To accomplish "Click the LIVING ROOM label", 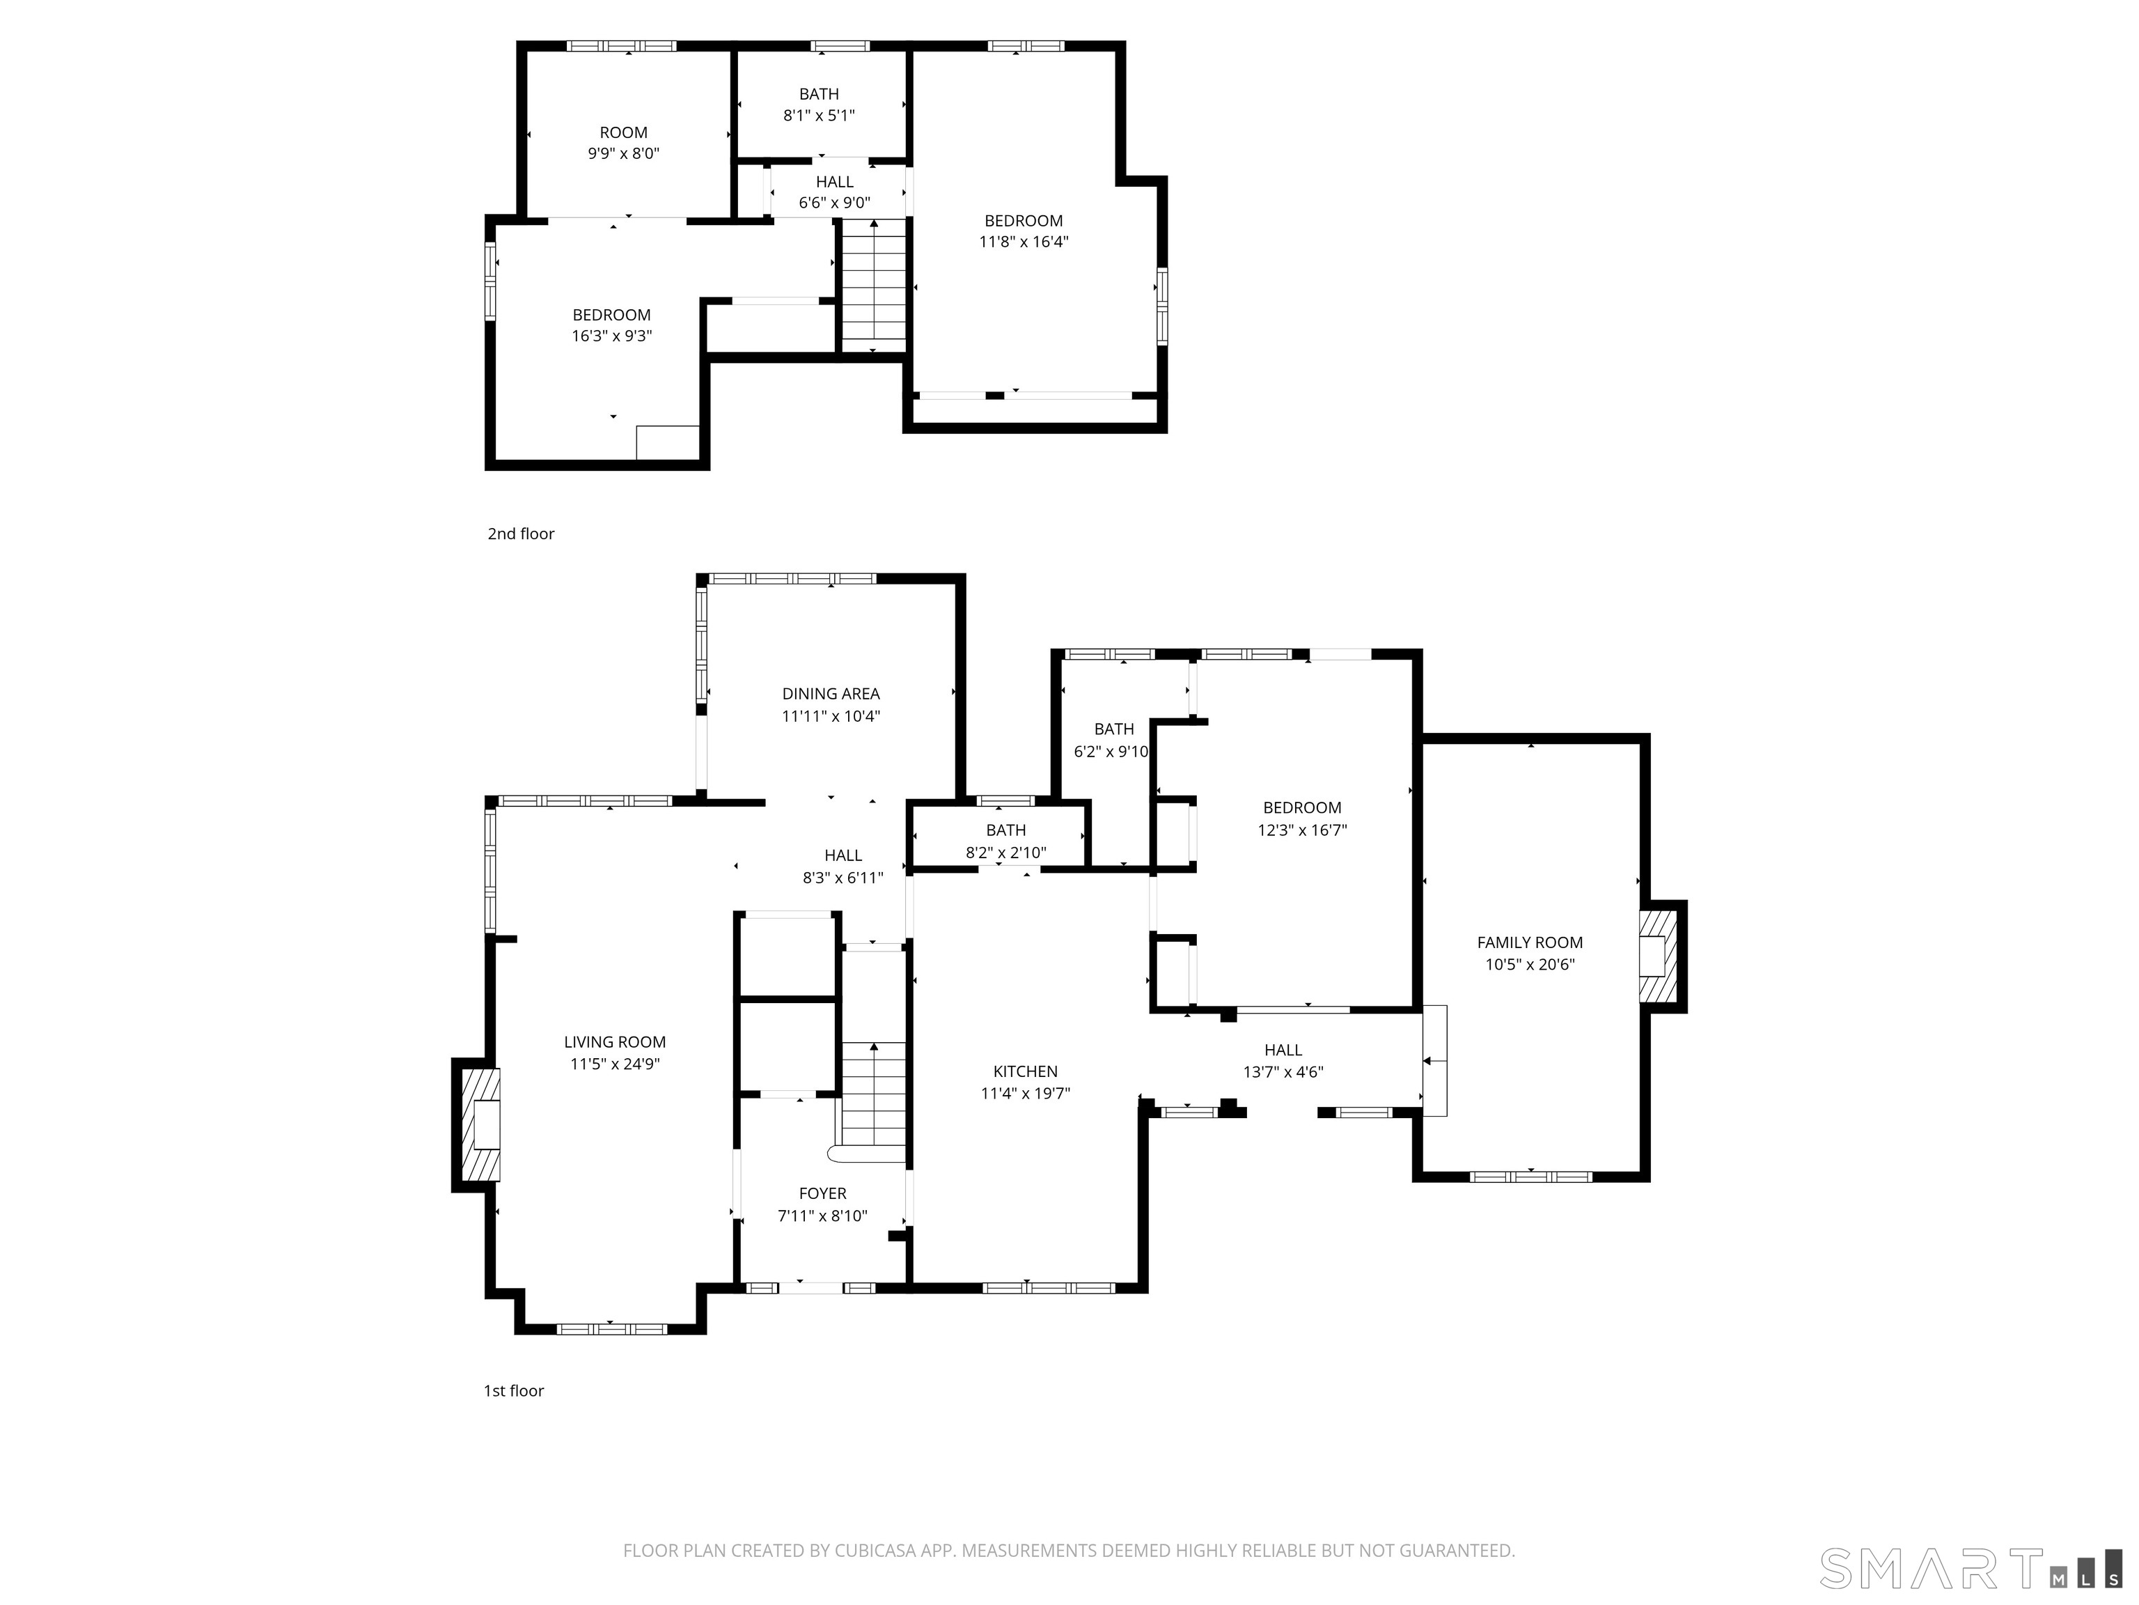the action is (x=615, y=1042).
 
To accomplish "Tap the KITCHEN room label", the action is (x=1025, y=1071).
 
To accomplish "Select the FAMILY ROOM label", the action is (x=1530, y=943).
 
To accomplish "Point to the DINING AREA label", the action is (x=831, y=694).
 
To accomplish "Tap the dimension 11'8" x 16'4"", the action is (x=1024, y=242).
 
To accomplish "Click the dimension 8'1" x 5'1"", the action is (x=819, y=115).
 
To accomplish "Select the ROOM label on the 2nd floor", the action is (x=624, y=132).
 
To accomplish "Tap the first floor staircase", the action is (x=873, y=1101).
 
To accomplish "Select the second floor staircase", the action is (x=874, y=286).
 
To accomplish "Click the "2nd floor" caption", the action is (x=522, y=534).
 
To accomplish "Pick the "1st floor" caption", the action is (x=513, y=1391).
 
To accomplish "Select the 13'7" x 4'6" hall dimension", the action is (x=1283, y=1072).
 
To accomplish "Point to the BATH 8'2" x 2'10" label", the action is (x=1005, y=842).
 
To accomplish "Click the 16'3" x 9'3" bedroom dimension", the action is (x=612, y=336).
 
